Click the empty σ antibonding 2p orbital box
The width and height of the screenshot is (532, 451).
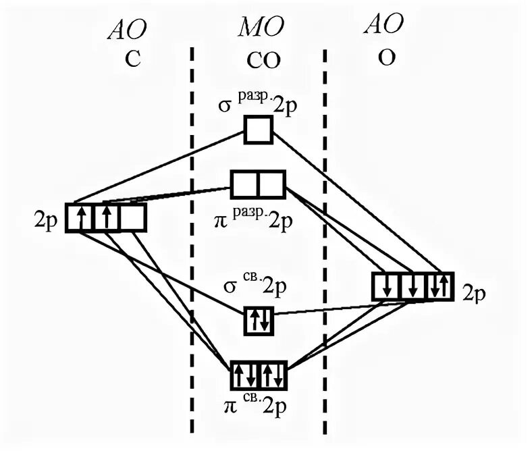259,129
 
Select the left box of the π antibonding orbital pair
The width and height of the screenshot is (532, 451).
245,184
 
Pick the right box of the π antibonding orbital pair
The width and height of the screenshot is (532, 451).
272,184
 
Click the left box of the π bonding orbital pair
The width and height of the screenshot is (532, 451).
245,375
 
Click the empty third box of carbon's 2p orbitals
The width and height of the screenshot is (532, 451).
132,218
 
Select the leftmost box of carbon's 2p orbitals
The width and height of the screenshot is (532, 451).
80,218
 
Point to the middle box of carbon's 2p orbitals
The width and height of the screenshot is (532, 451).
106,218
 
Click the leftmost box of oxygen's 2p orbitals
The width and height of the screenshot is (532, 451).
387,286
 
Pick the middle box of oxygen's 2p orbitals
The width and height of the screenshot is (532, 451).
413,286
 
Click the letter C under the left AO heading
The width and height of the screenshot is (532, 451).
132,59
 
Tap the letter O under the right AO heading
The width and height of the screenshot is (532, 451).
387,58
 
